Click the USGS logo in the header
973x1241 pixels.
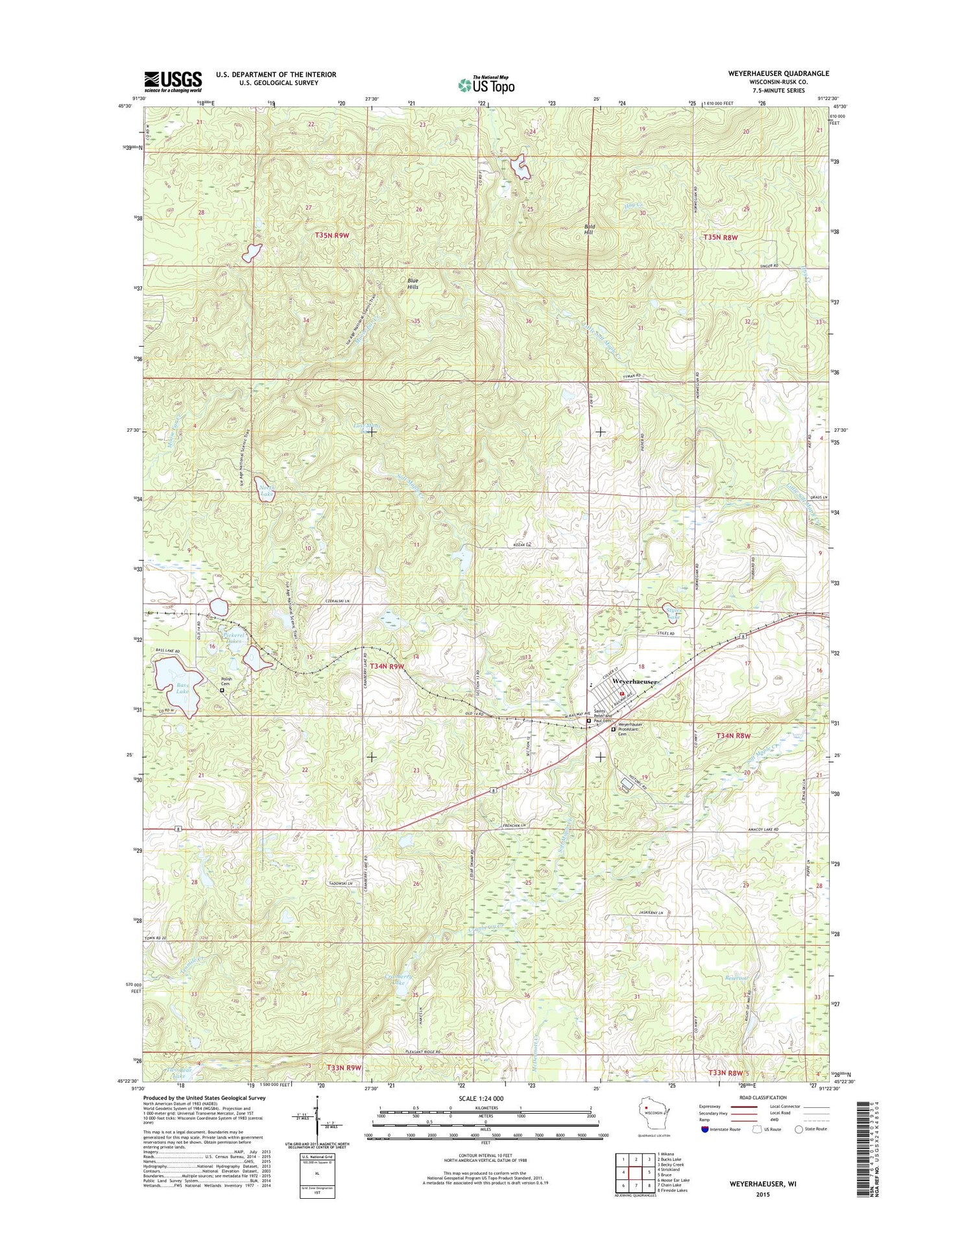[x=173, y=82]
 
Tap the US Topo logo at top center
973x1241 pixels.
[x=486, y=84]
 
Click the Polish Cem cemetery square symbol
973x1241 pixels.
[x=222, y=691]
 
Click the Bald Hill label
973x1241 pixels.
[x=589, y=229]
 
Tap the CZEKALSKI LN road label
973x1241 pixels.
[x=337, y=602]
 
